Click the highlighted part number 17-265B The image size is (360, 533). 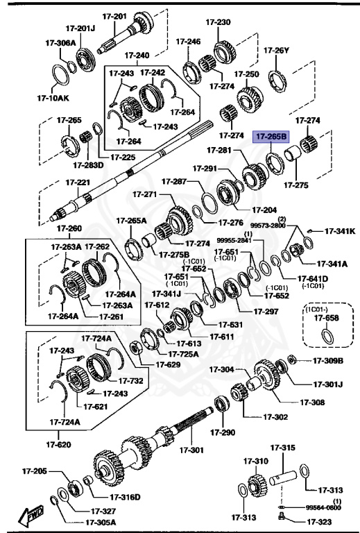tap(271, 137)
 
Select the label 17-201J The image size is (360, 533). tap(80, 28)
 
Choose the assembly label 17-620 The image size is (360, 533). tap(60, 443)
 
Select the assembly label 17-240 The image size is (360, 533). tap(137, 55)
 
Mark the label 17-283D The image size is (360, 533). tap(87, 164)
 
